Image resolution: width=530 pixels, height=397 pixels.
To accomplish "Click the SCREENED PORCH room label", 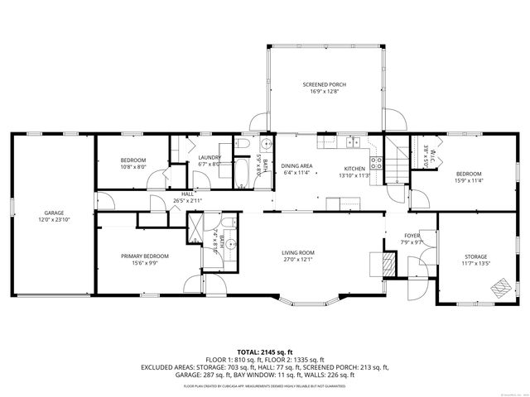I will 324,84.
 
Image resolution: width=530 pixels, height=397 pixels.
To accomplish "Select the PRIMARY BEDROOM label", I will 139,256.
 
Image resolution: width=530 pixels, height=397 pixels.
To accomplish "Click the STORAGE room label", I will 475,256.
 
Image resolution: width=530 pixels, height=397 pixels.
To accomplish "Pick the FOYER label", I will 412,235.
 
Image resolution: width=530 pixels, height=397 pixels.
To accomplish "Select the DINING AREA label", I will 296,166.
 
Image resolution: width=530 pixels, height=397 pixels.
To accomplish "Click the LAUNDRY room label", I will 208,158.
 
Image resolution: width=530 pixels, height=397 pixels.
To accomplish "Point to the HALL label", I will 187,194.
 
